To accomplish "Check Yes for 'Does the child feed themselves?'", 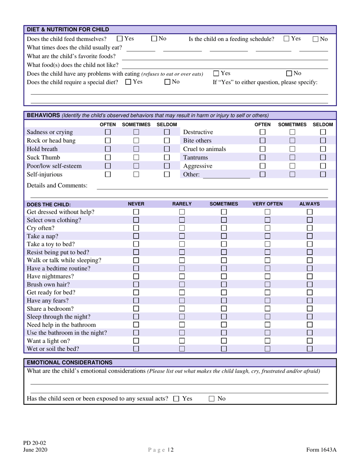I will (120, 38).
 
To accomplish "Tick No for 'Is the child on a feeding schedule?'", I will (316, 39).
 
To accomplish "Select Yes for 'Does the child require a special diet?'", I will (128, 81).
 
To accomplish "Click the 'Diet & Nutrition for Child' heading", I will (68, 30).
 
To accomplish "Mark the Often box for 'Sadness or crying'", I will (108, 132).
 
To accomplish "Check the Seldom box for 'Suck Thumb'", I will (167, 158).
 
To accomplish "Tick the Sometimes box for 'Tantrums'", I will (292, 157).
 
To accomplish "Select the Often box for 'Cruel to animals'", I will (262, 149).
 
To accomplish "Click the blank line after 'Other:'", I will (226, 175).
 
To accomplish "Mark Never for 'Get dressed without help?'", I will (136, 212).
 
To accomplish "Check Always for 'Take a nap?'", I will (310, 236).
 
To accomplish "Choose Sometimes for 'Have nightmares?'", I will (224, 277).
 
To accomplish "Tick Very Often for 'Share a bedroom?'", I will (268, 309).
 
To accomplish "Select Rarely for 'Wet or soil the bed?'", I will (182, 349).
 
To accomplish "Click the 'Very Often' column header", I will (268, 204).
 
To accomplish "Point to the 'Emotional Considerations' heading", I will (69, 363).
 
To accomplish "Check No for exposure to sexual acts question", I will (212, 399).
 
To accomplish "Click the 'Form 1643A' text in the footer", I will (321, 450).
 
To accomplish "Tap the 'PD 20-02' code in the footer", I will (35, 443).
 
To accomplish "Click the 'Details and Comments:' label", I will (57, 185).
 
